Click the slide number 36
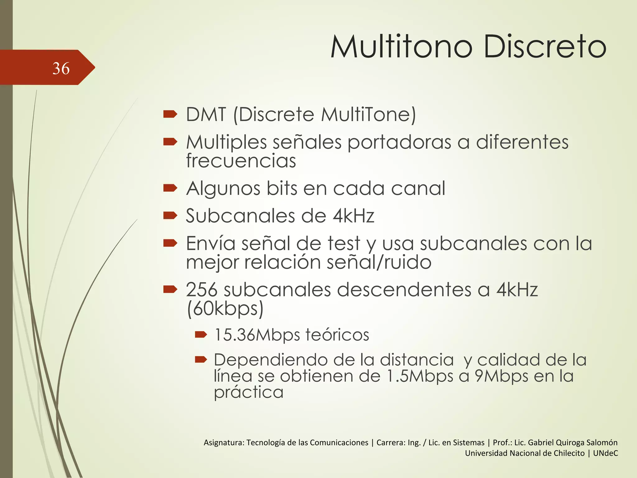click(x=61, y=68)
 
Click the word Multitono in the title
click(x=402, y=47)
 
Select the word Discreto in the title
click(x=545, y=47)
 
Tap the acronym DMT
click(x=206, y=114)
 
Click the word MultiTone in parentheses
click(x=367, y=114)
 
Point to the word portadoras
click(x=399, y=142)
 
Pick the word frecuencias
click(x=241, y=161)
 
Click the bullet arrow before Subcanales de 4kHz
click(x=170, y=215)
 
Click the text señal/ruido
click(x=379, y=262)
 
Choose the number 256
click(x=202, y=290)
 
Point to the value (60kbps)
click(x=225, y=308)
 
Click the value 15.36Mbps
click(x=257, y=335)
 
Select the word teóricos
click(x=337, y=335)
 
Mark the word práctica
click(x=249, y=392)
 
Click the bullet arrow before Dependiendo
click(x=201, y=360)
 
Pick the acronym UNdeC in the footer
click(x=605, y=453)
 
